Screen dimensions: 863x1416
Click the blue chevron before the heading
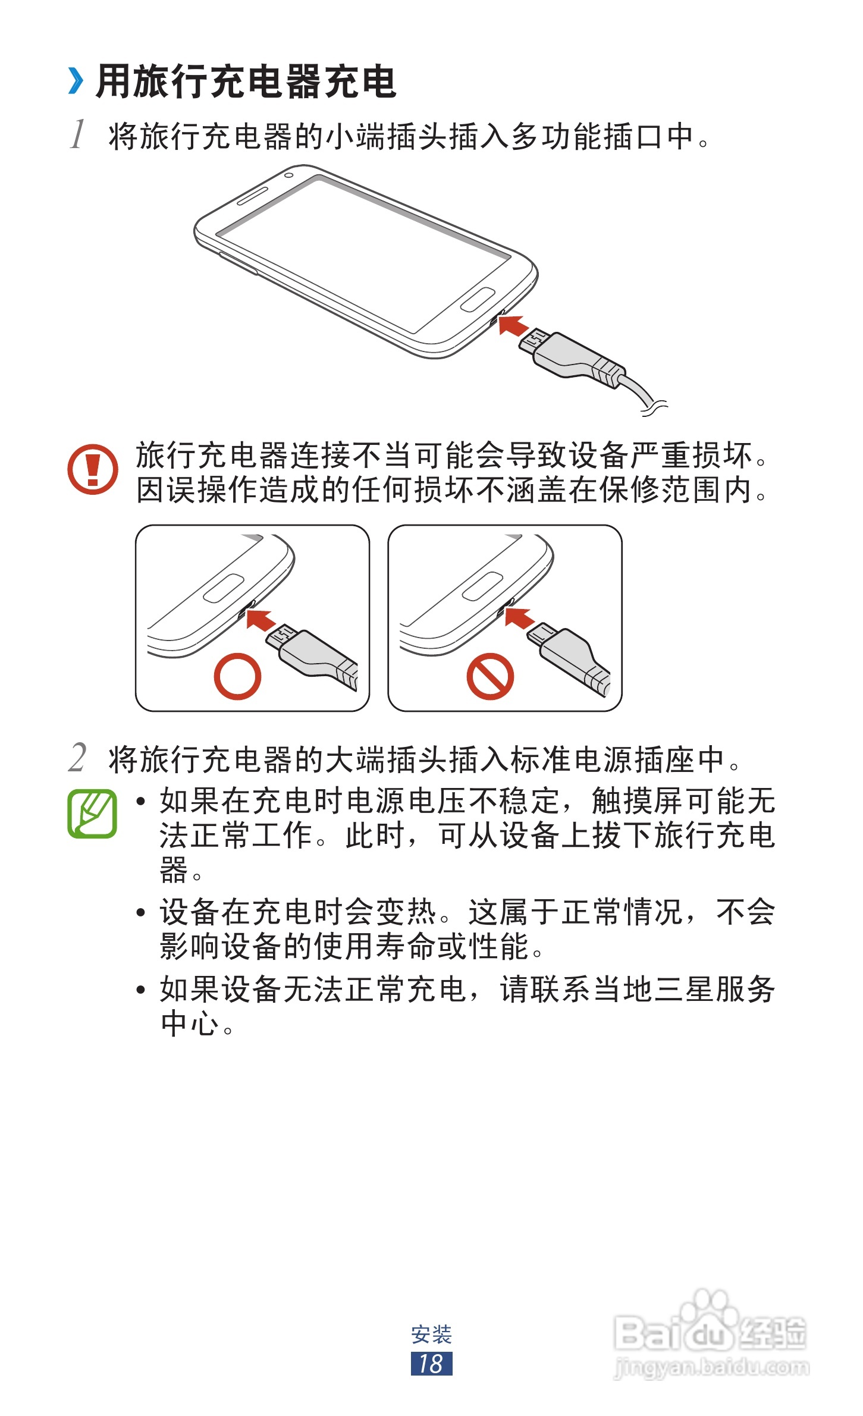point(76,81)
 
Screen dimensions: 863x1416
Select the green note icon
point(92,814)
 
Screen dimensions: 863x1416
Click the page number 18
point(431,1364)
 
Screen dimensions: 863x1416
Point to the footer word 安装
point(432,1335)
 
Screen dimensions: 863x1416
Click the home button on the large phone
point(478,299)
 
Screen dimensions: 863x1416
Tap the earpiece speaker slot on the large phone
point(253,195)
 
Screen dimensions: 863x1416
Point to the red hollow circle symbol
point(237,676)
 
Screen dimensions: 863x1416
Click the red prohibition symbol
point(490,676)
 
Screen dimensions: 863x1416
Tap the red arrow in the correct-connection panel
point(261,620)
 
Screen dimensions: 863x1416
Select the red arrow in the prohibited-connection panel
point(519,618)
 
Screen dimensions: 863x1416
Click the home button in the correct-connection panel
point(224,588)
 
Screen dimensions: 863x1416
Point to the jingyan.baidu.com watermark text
point(711,1367)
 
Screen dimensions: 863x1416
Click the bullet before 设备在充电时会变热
point(141,912)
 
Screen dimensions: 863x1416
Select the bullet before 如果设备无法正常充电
point(141,990)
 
